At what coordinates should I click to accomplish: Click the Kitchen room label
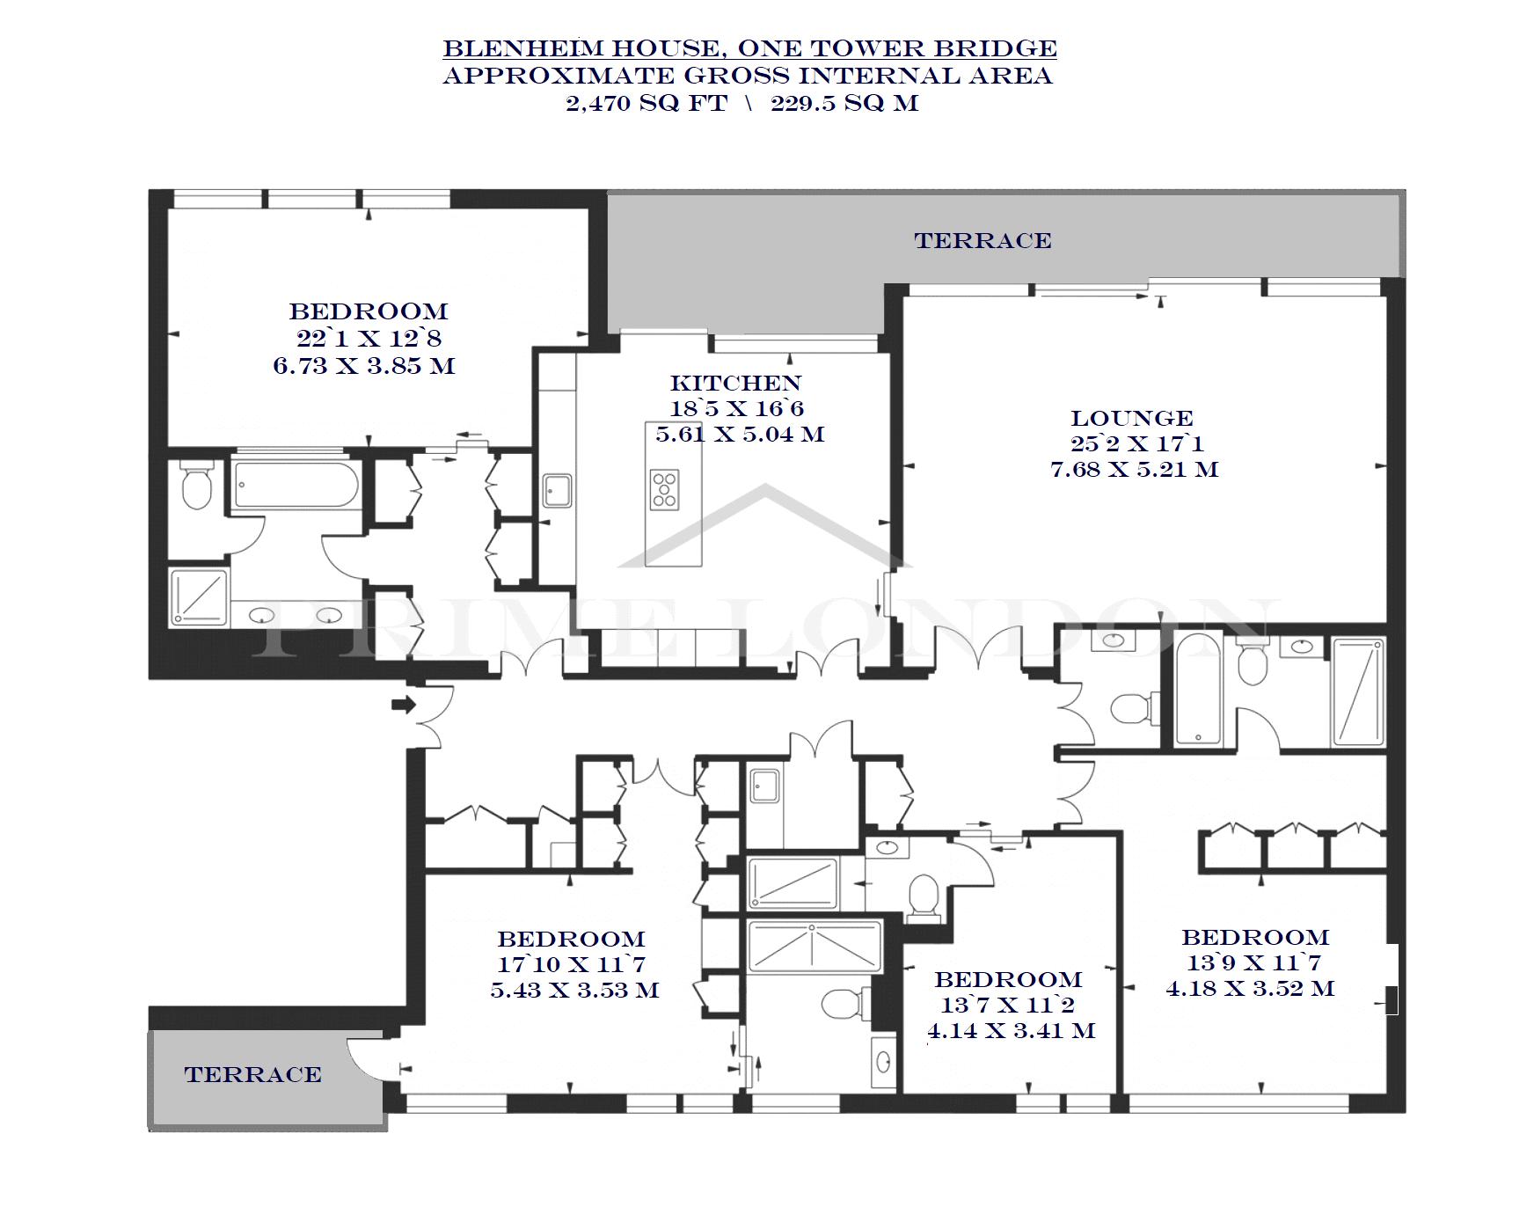(x=735, y=383)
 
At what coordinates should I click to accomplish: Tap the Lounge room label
(x=1132, y=418)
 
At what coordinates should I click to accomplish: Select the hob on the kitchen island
(x=665, y=489)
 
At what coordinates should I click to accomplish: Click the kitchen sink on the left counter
(x=558, y=491)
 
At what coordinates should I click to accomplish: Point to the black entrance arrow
(x=404, y=704)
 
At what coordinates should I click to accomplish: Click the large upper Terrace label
(x=982, y=240)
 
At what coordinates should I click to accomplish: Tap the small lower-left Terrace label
(x=252, y=1074)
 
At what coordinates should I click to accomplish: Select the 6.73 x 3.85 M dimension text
(x=364, y=365)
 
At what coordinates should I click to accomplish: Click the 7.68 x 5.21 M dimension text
(x=1135, y=469)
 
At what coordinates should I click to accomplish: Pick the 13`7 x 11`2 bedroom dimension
(x=1008, y=1005)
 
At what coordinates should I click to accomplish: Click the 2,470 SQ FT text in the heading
(x=646, y=103)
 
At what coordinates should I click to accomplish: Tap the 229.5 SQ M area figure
(x=844, y=103)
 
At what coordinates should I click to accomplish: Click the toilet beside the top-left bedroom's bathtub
(x=195, y=486)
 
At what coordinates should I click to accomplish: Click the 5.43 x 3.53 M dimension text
(x=574, y=990)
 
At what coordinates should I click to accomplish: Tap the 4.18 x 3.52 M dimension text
(x=1251, y=988)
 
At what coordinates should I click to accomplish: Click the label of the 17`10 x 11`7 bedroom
(x=571, y=939)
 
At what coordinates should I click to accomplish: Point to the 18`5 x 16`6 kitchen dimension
(x=737, y=408)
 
